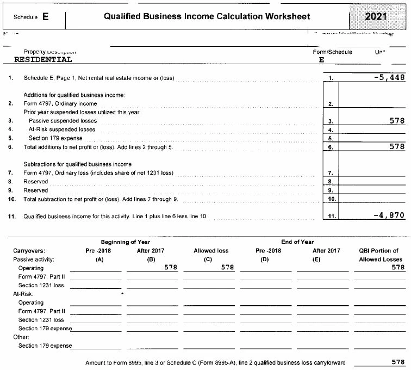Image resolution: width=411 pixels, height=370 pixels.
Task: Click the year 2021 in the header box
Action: pos(377,17)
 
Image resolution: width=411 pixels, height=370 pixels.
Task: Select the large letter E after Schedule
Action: pos(45,17)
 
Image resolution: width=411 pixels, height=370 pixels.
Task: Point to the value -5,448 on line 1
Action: pos(389,78)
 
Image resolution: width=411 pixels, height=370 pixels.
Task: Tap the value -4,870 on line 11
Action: pos(389,215)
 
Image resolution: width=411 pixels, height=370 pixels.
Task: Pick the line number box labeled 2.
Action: pos(331,103)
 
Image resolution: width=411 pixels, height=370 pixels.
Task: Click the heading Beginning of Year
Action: pos(126,242)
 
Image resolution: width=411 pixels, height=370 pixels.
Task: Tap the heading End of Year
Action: pos(297,242)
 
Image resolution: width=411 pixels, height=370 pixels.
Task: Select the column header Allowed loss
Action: pos(211,251)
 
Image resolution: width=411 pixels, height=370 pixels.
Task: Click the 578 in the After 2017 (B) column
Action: pos(171,268)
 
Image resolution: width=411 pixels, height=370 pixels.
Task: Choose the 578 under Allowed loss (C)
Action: pos(227,268)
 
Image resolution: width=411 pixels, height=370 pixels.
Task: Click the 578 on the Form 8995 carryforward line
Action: pos(398,362)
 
